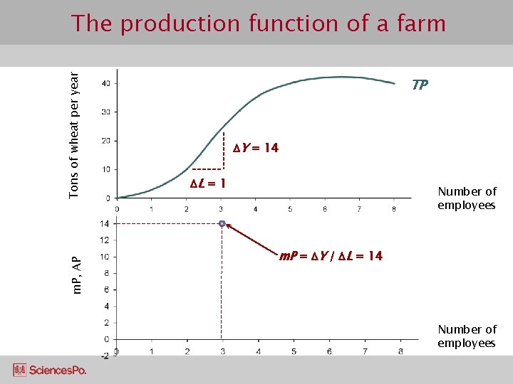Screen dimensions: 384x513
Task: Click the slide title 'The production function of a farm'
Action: click(258, 23)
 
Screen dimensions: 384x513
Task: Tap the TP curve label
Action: click(420, 85)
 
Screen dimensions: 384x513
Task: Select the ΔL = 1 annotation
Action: click(208, 183)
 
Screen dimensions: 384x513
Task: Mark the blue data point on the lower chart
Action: click(222, 224)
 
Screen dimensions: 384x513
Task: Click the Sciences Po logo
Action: click(50, 370)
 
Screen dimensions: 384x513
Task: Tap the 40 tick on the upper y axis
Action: click(105, 84)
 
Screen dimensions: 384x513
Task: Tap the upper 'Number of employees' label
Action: click(467, 198)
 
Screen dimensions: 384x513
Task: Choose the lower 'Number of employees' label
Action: click(467, 336)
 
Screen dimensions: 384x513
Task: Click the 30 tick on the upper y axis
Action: click(105, 112)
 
